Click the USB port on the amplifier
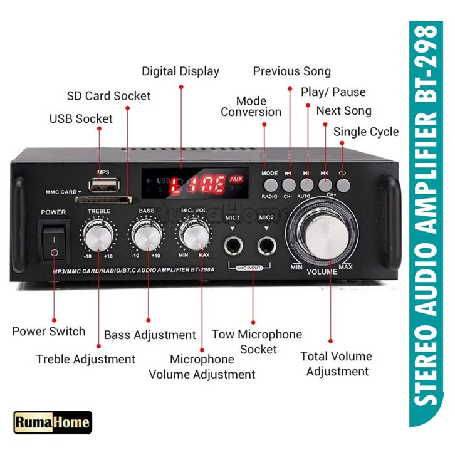(x=103, y=186)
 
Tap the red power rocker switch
(x=55, y=244)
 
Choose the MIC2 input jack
(x=267, y=244)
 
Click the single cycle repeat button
(x=342, y=184)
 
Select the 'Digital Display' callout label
(x=180, y=71)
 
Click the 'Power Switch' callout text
(x=49, y=331)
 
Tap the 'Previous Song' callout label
(x=291, y=71)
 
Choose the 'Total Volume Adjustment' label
(x=336, y=363)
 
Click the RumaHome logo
(x=52, y=424)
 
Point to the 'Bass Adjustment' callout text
(x=150, y=335)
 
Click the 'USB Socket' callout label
(x=81, y=118)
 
